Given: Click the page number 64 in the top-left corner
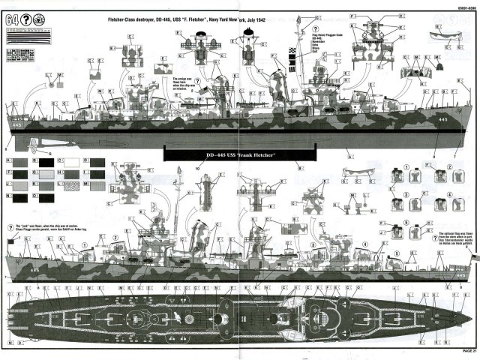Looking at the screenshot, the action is tap(10, 19).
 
